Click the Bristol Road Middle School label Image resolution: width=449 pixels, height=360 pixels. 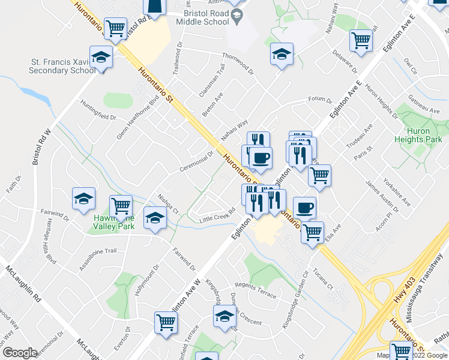tap(202, 17)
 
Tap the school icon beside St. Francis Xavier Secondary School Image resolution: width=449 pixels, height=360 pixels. tap(101, 57)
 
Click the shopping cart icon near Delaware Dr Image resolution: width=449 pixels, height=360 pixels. tap(361, 40)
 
